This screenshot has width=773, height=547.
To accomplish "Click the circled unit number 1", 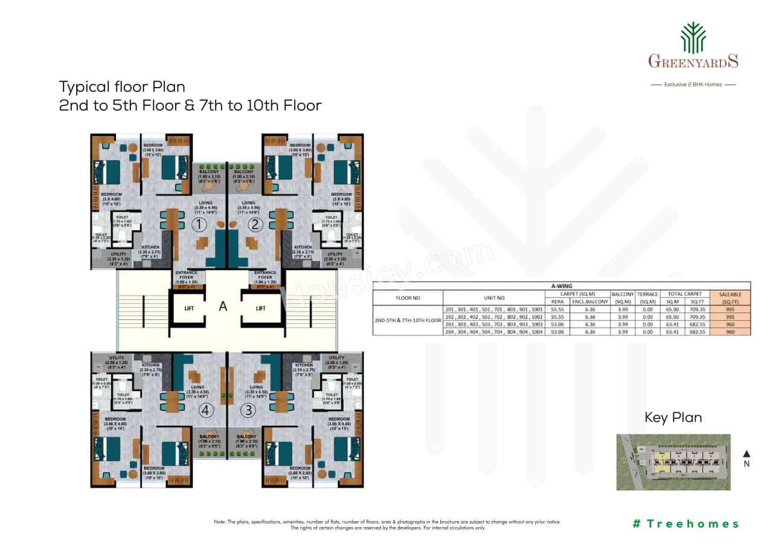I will pos(199,225).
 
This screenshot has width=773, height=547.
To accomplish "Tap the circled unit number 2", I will pos(255,225).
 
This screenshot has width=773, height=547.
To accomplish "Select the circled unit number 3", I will pos(248,410).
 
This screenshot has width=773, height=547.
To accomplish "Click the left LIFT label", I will pos(189,308).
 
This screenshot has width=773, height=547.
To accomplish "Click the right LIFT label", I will pos(260,308).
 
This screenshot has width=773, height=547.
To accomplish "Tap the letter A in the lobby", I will pos(223,306).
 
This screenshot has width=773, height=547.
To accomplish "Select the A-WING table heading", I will pos(561,286).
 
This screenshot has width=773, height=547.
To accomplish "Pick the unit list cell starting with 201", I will pos(493,308).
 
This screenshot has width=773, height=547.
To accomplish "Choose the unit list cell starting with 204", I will pos(493,331).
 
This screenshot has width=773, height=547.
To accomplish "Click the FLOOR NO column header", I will pos(408,297).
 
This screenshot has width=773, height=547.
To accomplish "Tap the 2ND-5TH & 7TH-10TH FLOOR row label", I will pos(408,320).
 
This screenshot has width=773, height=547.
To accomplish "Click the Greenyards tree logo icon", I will pos(693,37).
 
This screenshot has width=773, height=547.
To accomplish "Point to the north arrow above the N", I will pos(746,453).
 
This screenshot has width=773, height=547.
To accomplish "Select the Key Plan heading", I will pos(673,418).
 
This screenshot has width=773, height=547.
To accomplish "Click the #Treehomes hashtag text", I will pos(685,523).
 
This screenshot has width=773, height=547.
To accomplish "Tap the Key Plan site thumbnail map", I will pos(673,462).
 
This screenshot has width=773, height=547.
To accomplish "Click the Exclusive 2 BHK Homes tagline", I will pos(693,85).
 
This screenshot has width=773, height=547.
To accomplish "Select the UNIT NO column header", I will pos(493,297).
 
